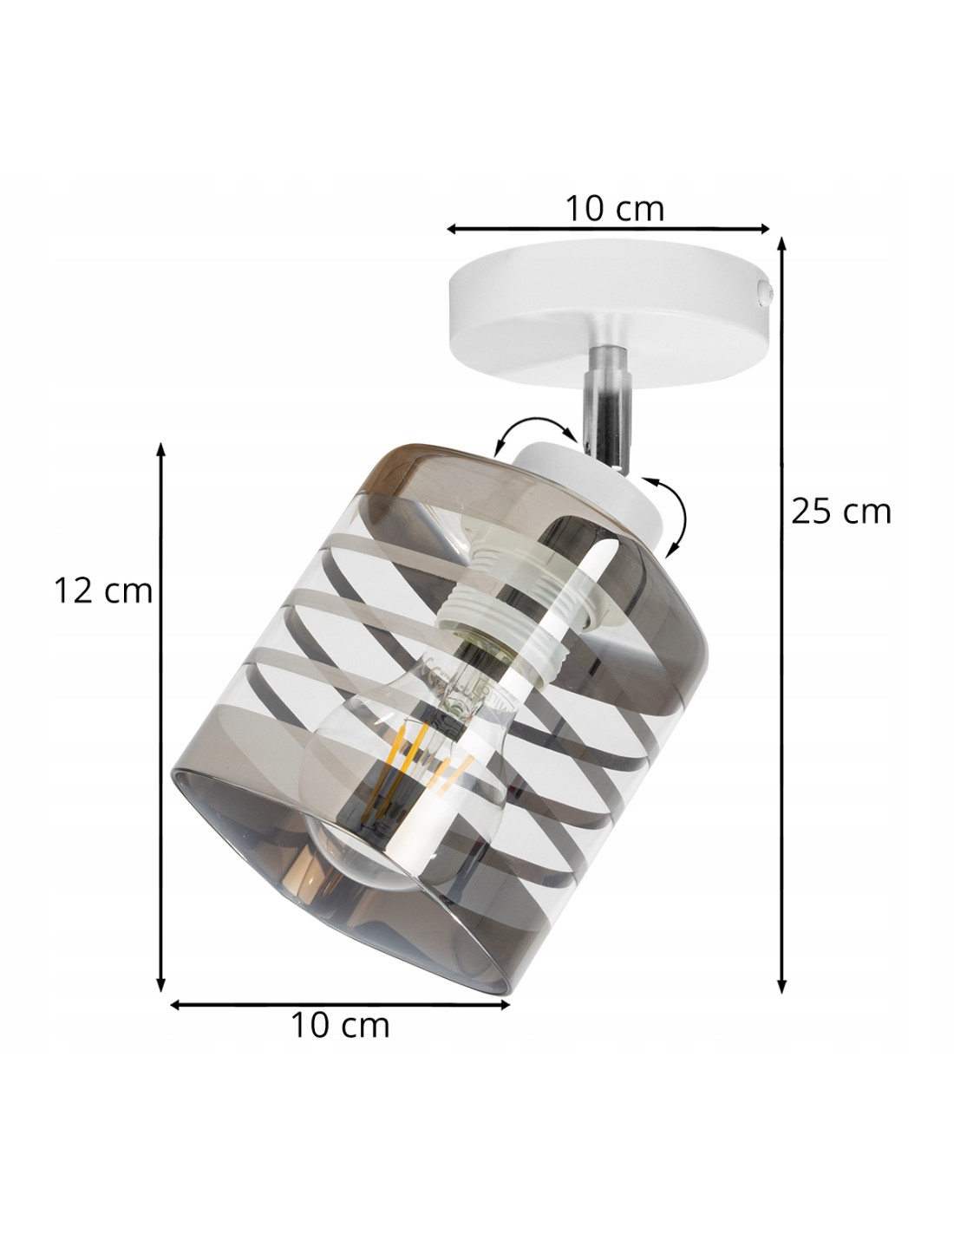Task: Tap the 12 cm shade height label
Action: (x=103, y=590)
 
